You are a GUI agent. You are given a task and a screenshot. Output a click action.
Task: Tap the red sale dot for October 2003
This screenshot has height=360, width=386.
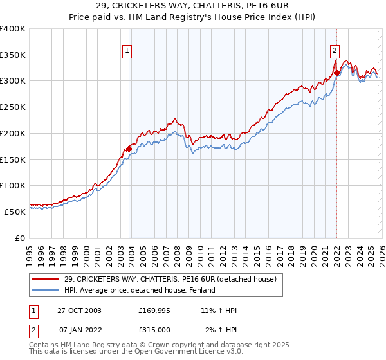(x=129, y=148)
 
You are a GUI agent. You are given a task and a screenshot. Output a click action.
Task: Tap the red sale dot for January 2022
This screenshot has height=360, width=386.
(x=336, y=73)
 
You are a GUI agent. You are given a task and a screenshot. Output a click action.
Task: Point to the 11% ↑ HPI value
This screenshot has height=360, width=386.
(x=219, y=310)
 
